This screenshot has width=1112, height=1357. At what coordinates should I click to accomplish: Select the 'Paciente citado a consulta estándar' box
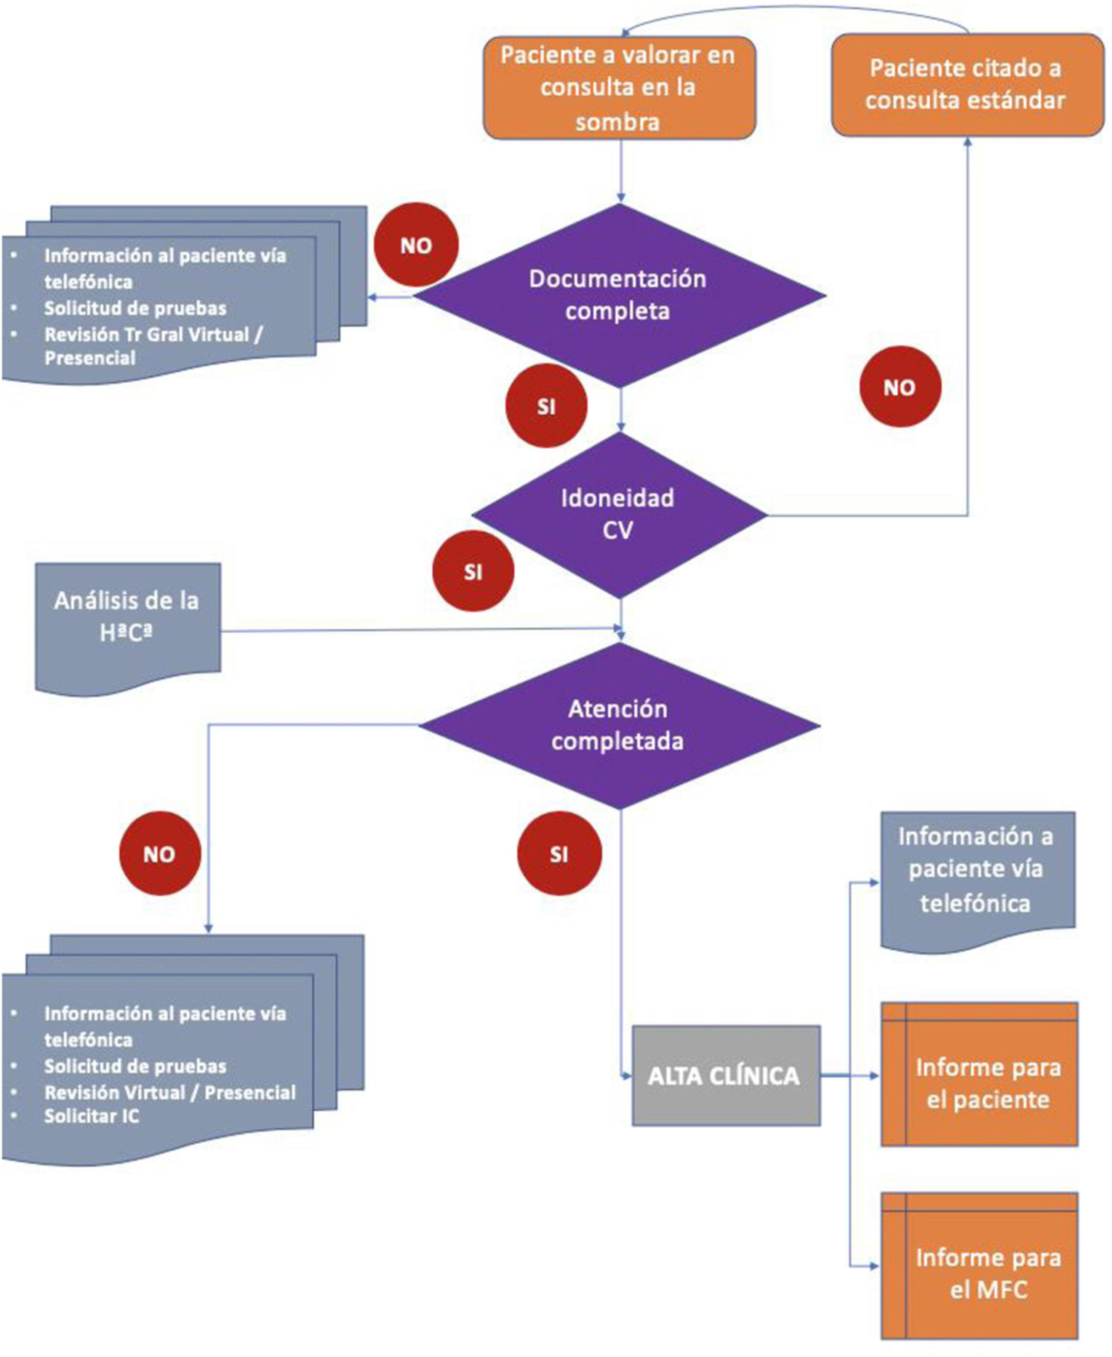(967, 85)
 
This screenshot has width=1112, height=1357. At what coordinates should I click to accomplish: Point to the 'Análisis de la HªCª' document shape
(127, 618)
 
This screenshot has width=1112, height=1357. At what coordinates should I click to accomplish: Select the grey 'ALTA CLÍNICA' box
(725, 1076)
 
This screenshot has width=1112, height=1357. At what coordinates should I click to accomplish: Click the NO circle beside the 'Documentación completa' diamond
(416, 245)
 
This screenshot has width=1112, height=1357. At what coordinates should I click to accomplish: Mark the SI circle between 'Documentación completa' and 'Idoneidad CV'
(546, 406)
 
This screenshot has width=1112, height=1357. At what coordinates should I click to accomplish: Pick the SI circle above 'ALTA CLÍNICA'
(559, 854)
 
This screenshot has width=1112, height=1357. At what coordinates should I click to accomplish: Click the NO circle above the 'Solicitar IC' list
(160, 854)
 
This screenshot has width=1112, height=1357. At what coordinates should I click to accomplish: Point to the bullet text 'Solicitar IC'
(92, 1116)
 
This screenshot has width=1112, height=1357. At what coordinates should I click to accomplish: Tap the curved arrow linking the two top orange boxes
(794, 8)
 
